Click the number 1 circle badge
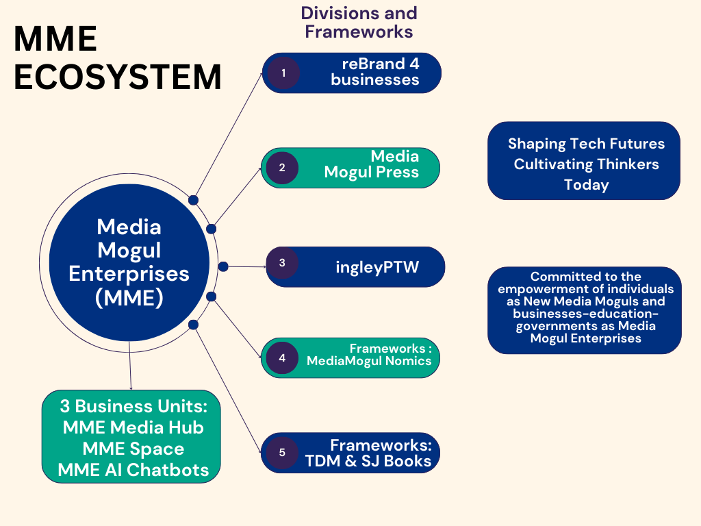pyautogui.click(x=283, y=73)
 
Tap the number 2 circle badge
pyautogui.click(x=282, y=167)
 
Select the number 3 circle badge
pyautogui.click(x=282, y=262)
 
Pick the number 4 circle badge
pyautogui.click(x=282, y=357)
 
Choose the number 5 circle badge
pyautogui.click(x=282, y=452)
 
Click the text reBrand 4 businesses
pyautogui.click(x=375, y=72)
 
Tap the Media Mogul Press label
pyautogui.click(x=372, y=164)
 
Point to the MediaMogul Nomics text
pyautogui.click(x=369, y=361)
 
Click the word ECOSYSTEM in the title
pyautogui.click(x=118, y=77)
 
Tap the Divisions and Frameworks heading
pyautogui.click(x=359, y=22)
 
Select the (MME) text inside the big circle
pyautogui.click(x=129, y=299)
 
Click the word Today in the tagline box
pyautogui.click(x=586, y=185)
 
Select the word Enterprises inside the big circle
pyautogui.click(x=129, y=273)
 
